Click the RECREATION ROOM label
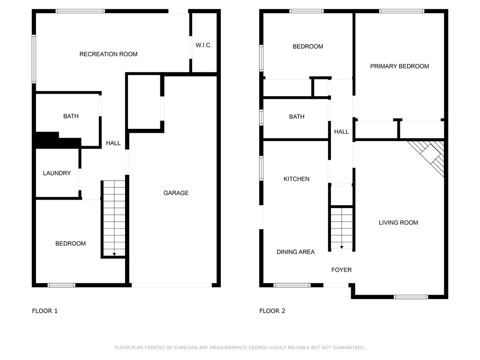tap(108, 54)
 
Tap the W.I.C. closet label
tap(203, 45)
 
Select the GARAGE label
tap(176, 193)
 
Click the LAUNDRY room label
tap(57, 173)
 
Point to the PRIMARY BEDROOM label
tap(399, 66)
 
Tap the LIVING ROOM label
tap(398, 223)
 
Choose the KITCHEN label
tap(296, 179)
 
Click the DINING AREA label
tap(295, 252)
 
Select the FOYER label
tap(341, 270)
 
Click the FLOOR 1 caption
tap(45, 311)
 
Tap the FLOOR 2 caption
tap(272, 311)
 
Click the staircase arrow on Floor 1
tap(114, 254)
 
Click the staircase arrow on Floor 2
tap(342, 247)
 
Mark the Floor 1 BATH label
tap(71, 116)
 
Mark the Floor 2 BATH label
tap(297, 117)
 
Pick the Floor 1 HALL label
tap(113, 143)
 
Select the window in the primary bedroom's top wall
tap(402, 11)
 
